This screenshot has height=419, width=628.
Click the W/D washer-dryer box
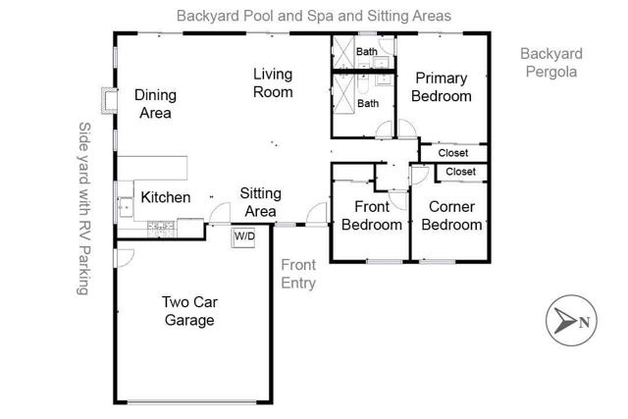tap(244, 237)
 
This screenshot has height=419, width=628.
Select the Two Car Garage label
tap(189, 311)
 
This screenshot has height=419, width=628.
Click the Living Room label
tap(273, 83)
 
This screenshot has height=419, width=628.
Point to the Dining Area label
tap(154, 104)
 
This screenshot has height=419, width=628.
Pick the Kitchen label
tap(166, 197)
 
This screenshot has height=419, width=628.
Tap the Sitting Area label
tap(260, 203)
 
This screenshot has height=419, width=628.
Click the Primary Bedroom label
tap(442, 87)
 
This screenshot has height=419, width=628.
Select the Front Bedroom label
tap(372, 216)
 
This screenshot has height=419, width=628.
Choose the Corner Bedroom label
tap(452, 216)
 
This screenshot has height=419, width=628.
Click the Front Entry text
tap(298, 274)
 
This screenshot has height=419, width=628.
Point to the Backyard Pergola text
tap(550, 63)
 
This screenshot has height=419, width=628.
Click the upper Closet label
tap(452, 153)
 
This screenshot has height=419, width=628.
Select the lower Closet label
tap(460, 172)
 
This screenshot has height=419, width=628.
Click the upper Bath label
tap(367, 51)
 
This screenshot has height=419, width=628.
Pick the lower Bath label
tap(368, 103)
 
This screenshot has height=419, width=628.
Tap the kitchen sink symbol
tap(125, 206)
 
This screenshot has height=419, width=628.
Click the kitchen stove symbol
tap(159, 228)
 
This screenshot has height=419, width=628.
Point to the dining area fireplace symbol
tap(107, 99)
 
